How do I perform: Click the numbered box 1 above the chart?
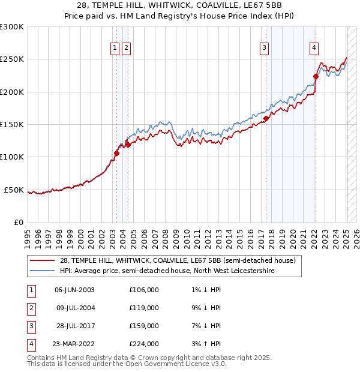click(x=115, y=49)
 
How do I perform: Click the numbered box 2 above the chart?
click(x=127, y=49)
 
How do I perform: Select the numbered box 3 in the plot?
click(x=264, y=49)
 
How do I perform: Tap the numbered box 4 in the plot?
click(x=314, y=49)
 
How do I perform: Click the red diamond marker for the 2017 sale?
click(x=266, y=118)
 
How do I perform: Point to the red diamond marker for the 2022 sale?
click(x=316, y=76)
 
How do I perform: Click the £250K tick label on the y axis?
click(x=12, y=59)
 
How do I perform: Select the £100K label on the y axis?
click(x=12, y=157)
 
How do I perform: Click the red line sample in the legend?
click(x=42, y=261)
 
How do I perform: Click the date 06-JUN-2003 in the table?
click(x=74, y=290)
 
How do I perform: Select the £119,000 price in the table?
click(x=144, y=308)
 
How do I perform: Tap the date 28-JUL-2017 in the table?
click(x=74, y=326)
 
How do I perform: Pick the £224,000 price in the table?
click(x=144, y=344)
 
